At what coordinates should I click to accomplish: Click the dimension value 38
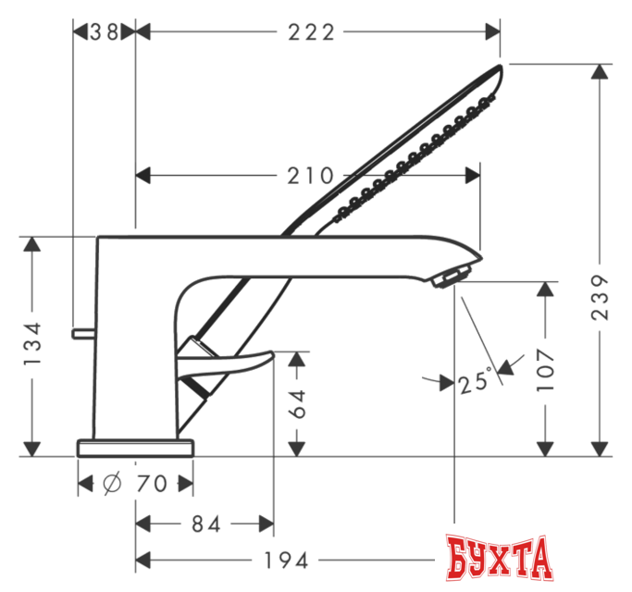105,32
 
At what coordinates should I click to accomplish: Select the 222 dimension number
309,32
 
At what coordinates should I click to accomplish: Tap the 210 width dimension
309,175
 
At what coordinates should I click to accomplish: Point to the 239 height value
601,297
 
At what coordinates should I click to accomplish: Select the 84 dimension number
205,524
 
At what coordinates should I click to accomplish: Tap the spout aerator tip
453,275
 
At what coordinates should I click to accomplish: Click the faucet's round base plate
136,449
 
